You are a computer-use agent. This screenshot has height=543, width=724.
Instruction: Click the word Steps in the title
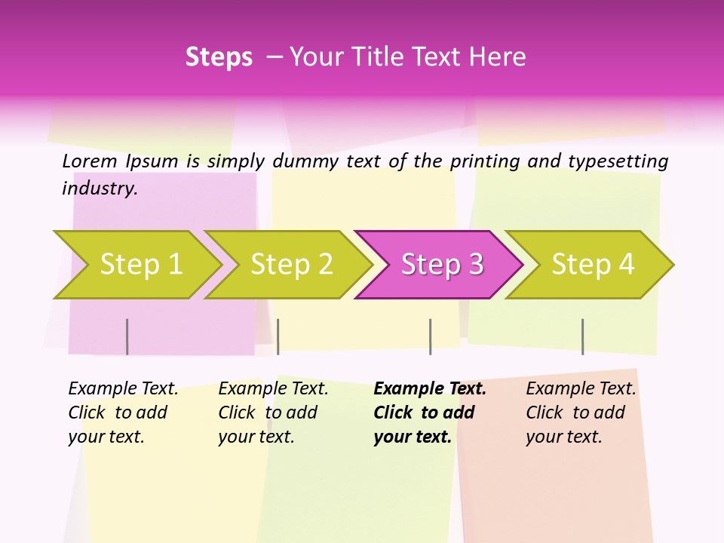pos(219,57)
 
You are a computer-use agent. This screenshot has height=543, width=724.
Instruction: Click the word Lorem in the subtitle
pos(89,161)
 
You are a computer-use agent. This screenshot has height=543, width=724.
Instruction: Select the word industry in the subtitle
pos(99,189)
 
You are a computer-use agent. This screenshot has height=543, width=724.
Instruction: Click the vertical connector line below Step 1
pos(127,336)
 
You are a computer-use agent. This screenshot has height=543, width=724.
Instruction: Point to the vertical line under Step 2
pos(278,336)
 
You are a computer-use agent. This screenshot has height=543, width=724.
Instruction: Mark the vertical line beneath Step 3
pos(430,336)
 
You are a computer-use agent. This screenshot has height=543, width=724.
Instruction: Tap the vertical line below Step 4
pos(582,336)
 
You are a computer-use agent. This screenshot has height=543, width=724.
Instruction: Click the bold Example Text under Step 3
pos(430,389)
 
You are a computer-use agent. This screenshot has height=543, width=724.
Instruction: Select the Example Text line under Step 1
pos(123,389)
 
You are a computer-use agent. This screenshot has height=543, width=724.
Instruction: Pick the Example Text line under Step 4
pos(581,389)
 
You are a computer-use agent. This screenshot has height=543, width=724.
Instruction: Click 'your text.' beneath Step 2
pos(256,437)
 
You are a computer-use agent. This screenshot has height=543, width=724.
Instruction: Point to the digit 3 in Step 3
pos(475,265)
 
